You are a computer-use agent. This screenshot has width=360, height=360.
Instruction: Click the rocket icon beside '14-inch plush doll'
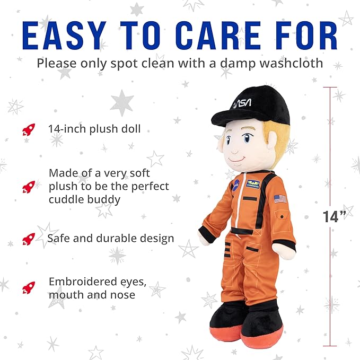click(29, 129)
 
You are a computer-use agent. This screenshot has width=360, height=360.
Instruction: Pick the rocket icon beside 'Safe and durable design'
click(29, 239)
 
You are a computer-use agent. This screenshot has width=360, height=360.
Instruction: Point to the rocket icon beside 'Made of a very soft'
click(29, 186)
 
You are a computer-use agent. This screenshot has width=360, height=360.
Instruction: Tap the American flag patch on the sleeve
click(280, 198)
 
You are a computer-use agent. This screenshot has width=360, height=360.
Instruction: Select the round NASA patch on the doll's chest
click(235, 184)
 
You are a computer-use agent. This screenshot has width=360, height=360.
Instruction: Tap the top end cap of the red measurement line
click(330, 87)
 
